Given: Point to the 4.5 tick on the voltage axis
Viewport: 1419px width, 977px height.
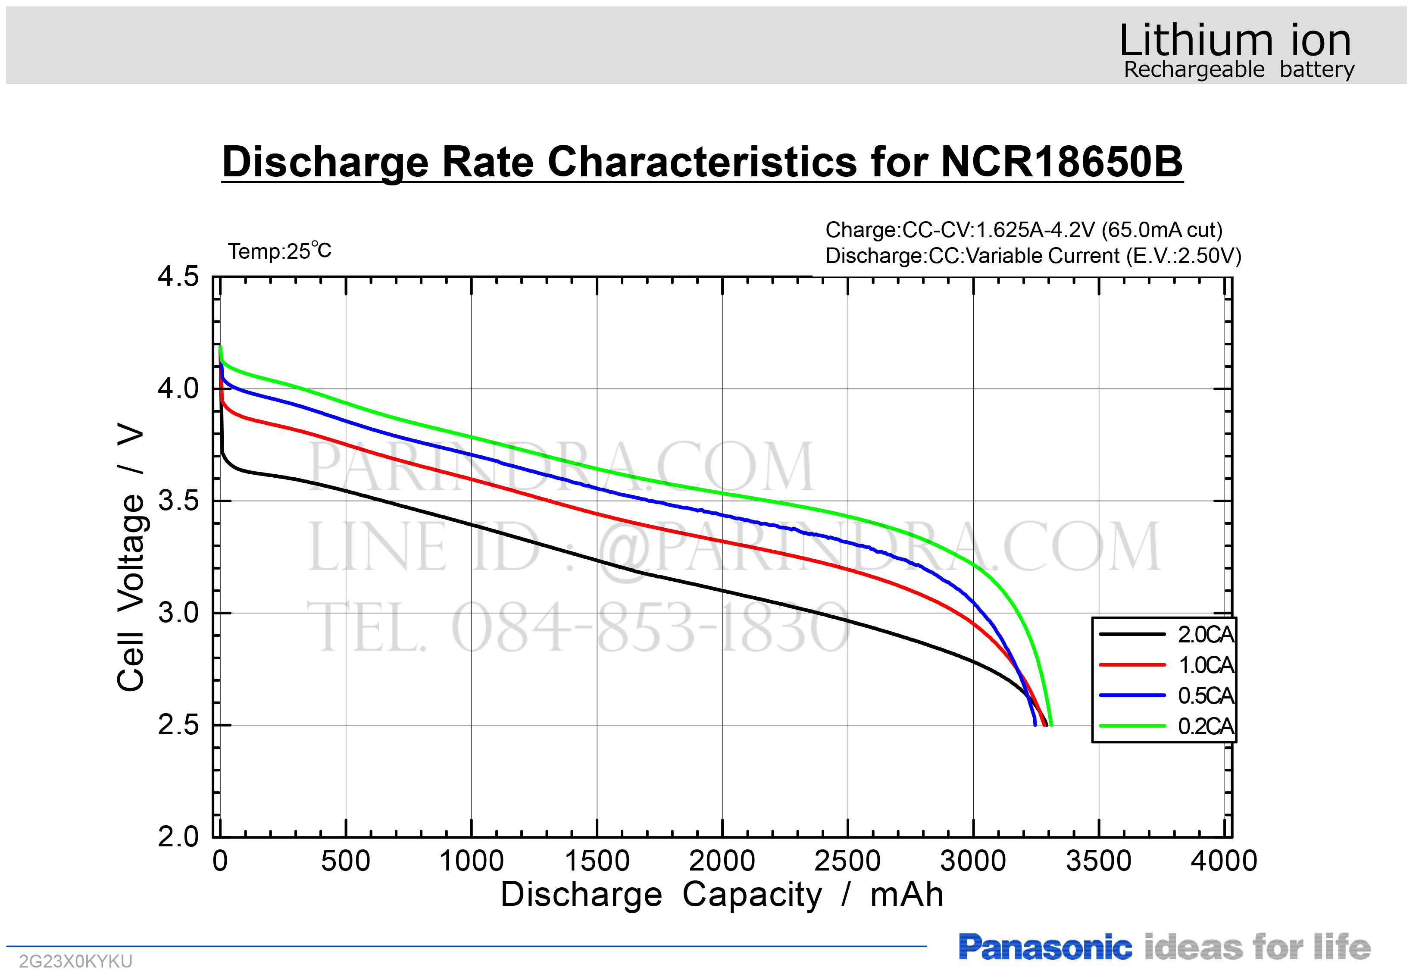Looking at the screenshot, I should point(178,277).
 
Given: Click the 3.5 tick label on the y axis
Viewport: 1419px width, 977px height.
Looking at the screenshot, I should point(178,501).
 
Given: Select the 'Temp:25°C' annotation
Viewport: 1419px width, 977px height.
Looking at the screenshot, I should point(280,251).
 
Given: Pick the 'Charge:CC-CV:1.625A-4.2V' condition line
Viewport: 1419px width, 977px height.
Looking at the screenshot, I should point(1024,230).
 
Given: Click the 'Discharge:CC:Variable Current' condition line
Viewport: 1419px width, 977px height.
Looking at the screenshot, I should point(1033,256).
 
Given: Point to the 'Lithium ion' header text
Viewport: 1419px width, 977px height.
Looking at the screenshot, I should point(1235,41).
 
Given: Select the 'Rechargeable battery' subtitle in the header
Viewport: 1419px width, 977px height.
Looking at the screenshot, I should point(1239,70).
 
